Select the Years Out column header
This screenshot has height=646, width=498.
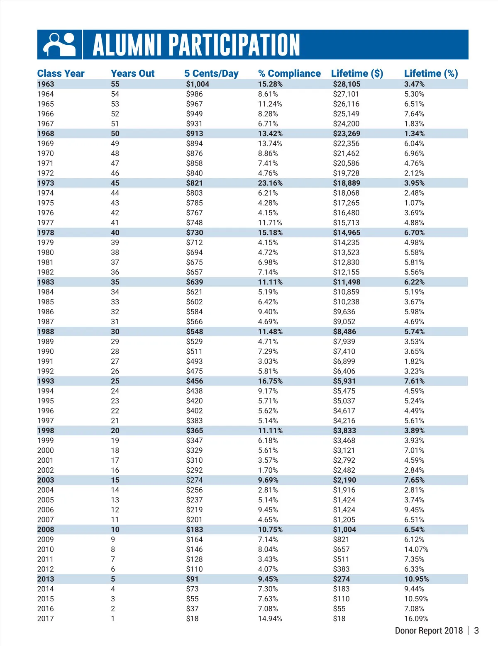pos(132,73)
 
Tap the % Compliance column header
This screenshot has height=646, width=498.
pos(289,73)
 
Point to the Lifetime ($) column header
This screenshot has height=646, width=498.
pos(357,73)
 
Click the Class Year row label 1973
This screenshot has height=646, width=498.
pos(46,183)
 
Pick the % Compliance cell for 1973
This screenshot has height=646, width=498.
pos(270,183)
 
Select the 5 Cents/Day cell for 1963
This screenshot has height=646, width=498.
pos(198,84)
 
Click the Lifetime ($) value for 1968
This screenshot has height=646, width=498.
pos(347,134)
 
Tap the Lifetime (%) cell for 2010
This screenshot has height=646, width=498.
pos(416,549)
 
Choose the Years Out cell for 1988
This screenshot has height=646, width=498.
pos(115,332)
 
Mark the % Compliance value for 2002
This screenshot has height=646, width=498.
pos(268,470)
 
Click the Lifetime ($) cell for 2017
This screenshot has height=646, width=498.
pos(339,619)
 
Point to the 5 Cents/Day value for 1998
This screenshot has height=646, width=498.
pos(194,431)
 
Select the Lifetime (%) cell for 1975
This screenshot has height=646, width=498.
pos(414,203)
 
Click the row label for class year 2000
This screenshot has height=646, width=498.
pos(46,450)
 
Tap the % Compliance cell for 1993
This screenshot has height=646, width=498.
pos(270,381)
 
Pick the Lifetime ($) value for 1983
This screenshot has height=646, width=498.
pos(347,282)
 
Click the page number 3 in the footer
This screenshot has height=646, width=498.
pos(476,631)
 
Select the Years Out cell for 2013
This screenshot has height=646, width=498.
pos(113,579)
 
